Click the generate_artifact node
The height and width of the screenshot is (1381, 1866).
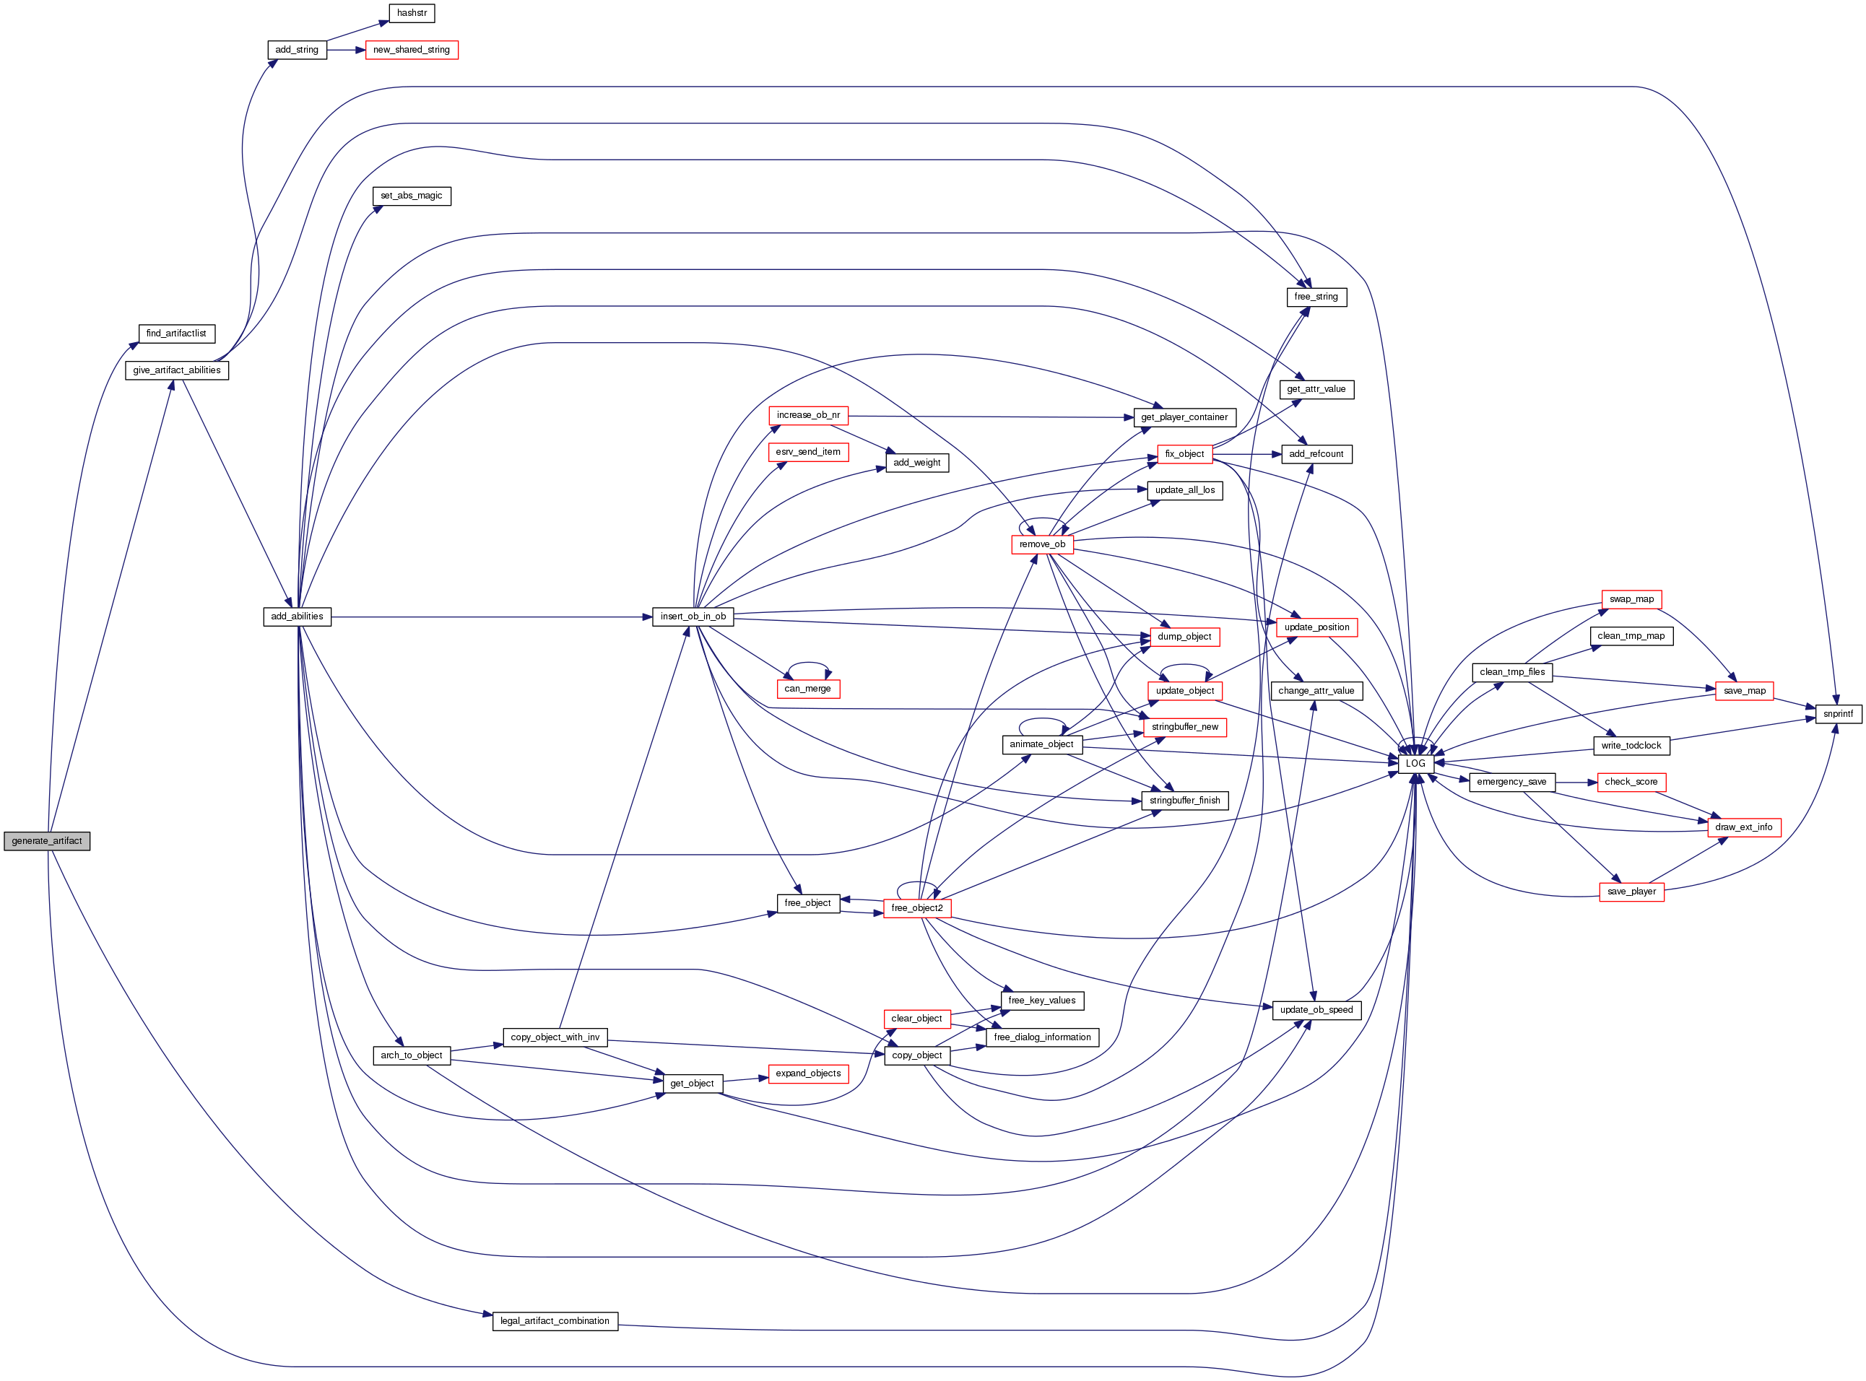[x=47, y=841]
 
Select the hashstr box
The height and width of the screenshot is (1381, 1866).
[x=412, y=14]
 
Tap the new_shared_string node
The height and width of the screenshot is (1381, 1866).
[x=412, y=50]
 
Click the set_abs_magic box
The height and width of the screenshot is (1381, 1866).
[x=412, y=196]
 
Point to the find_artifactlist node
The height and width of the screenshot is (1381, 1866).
[x=176, y=334]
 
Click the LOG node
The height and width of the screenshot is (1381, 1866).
[x=1415, y=763]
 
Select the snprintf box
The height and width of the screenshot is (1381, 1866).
[x=1838, y=714]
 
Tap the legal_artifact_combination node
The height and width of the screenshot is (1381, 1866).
[x=555, y=1321]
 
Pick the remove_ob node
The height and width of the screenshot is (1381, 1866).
[x=1042, y=544]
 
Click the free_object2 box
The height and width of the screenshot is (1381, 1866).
[x=916, y=908]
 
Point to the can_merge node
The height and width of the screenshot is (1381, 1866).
[x=807, y=689]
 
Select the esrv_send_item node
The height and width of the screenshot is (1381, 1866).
[x=807, y=452]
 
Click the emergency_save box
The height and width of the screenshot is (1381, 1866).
[x=1511, y=782]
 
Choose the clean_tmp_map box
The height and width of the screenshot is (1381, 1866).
[x=1631, y=636]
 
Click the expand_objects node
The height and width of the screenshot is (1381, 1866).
[x=807, y=1073]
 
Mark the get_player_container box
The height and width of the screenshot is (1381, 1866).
[x=1184, y=417]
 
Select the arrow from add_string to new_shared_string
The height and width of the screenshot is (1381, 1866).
[x=346, y=50]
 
